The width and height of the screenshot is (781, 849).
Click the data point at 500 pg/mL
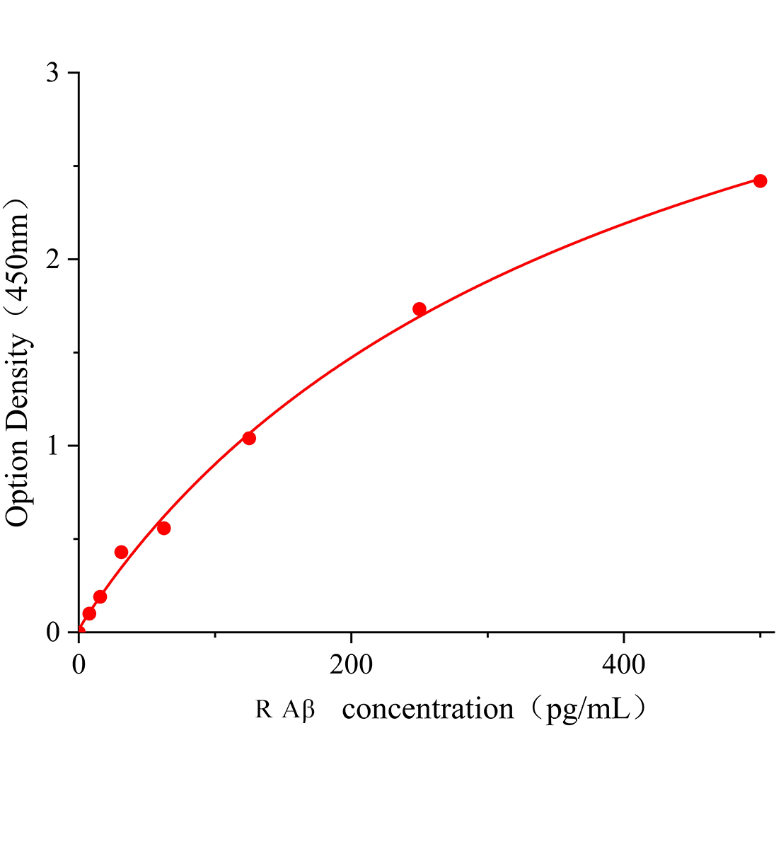click(760, 181)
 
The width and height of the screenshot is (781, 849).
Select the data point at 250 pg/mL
click(420, 308)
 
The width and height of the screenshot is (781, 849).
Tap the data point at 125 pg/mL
click(249, 438)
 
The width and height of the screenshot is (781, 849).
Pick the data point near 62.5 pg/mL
click(163, 528)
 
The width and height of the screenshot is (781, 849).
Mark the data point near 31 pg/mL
click(121, 552)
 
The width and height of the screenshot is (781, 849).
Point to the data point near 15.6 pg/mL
click(100, 596)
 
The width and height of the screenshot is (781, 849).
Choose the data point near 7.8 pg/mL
click(89, 613)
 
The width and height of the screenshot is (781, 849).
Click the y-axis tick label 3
click(53, 74)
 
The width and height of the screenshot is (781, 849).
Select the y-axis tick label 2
click(53, 260)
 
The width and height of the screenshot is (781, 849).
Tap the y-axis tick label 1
click(53, 446)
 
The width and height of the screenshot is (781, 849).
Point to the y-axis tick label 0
click(53, 632)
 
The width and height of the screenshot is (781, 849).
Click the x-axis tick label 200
click(352, 664)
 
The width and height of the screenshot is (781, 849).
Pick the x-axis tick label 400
click(624, 664)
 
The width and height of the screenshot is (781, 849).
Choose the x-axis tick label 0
click(79, 664)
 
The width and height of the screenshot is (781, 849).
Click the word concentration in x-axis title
click(428, 708)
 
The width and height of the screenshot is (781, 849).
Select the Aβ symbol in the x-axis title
click(298, 709)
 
